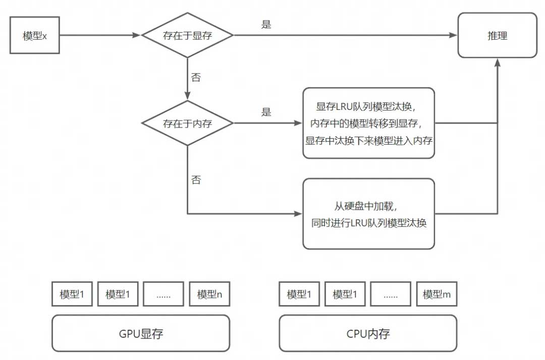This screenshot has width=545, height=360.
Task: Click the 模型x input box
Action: click(35, 36)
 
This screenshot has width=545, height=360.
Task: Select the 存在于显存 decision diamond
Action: click(187, 35)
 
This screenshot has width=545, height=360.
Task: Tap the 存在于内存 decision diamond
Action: click(187, 123)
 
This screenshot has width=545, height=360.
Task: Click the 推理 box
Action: click(497, 35)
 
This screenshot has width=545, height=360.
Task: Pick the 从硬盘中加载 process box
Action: click(368, 214)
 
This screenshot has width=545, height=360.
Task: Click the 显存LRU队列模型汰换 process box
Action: click(368, 123)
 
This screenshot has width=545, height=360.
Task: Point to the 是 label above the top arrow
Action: click(266, 24)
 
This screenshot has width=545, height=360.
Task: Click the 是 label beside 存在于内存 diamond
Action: click(266, 112)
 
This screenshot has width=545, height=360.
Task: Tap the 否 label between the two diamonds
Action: click(196, 78)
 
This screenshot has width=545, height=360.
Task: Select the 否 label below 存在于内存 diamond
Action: click(196, 180)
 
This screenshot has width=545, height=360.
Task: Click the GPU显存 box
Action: click(141, 333)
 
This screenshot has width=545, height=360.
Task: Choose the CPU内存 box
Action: click(368, 333)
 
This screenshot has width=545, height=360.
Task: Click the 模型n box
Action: click(209, 294)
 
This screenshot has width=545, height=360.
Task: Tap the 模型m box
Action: click(437, 294)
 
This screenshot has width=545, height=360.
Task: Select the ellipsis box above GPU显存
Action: click(163, 294)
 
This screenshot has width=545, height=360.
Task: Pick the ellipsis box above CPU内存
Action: click(391, 294)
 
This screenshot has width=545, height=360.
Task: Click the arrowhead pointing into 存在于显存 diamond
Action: click(137, 35)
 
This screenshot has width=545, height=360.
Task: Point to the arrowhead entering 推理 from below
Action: click(498, 62)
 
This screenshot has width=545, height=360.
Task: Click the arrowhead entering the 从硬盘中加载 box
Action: click(298, 214)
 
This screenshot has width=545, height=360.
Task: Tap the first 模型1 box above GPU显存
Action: click(72, 294)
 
